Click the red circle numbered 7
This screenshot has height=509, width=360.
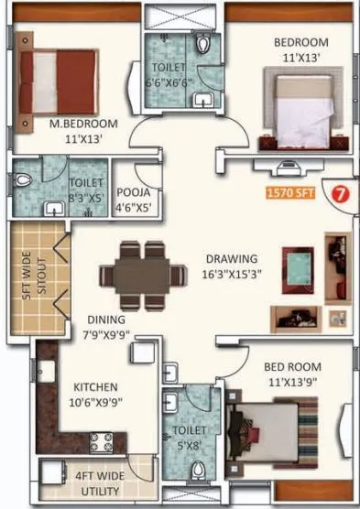click(338, 193)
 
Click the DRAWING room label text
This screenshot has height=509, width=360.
click(231, 259)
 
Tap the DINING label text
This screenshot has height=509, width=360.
click(106, 319)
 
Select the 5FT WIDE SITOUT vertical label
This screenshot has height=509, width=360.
click(27, 282)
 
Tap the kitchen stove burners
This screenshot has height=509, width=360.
click(101, 443)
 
